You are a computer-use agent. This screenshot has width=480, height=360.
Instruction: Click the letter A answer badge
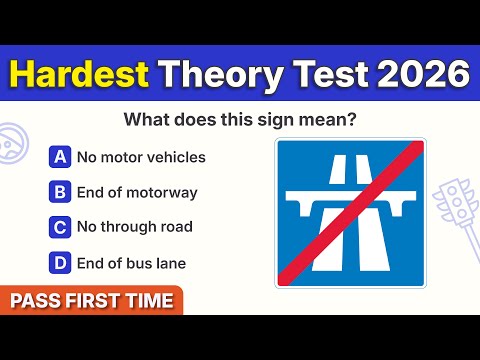(x=60, y=157)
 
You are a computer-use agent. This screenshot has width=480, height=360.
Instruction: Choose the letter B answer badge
(x=60, y=192)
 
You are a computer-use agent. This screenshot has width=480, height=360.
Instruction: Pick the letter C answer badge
(x=60, y=227)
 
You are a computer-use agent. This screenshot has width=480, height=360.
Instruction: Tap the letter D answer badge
(x=60, y=263)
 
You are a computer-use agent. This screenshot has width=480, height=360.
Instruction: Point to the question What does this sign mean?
(x=239, y=119)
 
